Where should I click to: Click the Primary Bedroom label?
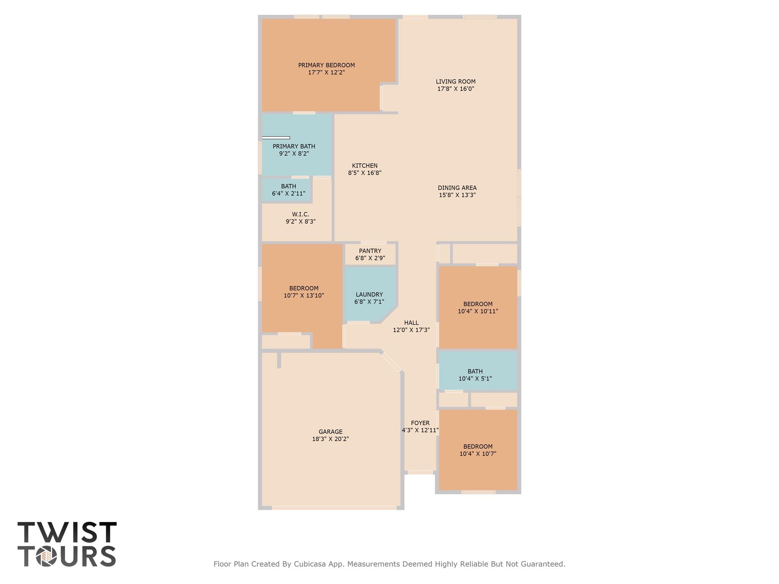click(326, 65)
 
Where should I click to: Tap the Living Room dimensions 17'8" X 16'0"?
click(456, 89)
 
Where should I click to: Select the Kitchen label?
click(364, 166)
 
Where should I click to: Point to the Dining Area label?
click(457, 188)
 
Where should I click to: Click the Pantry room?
click(370, 254)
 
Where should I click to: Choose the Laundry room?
click(369, 298)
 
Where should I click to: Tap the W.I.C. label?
click(300, 214)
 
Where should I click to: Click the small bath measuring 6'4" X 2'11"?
click(288, 190)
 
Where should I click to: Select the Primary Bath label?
click(294, 146)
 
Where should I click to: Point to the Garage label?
click(330, 432)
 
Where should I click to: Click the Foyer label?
click(420, 423)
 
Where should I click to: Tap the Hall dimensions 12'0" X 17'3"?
click(411, 330)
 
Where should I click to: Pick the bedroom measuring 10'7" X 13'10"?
click(304, 292)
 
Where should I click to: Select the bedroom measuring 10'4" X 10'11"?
click(478, 307)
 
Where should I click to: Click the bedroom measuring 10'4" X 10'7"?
click(478, 450)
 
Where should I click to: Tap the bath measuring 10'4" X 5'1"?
click(475, 375)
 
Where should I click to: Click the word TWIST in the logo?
click(67, 532)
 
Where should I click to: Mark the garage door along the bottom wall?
click(334, 508)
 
